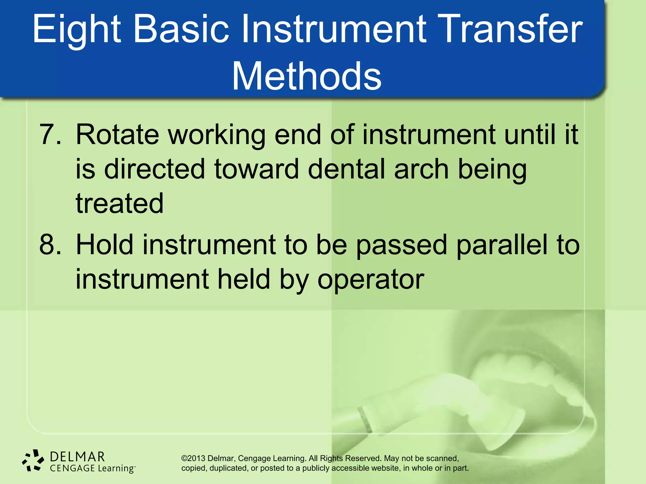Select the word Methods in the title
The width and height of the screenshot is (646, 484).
point(307,77)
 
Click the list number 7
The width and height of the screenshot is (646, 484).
point(50,135)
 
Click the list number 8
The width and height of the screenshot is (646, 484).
point(50,245)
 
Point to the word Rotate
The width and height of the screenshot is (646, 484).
point(117,135)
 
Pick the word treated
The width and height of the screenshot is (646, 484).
point(120,203)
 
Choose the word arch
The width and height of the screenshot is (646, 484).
point(421,169)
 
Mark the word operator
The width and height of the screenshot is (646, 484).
point(370,279)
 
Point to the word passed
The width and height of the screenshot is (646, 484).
point(401,245)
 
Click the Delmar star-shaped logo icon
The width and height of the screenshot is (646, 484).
point(33,460)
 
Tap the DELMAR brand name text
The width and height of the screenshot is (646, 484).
point(77,457)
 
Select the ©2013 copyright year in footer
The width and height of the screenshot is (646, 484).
point(193,458)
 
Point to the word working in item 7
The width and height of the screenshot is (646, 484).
point(216,135)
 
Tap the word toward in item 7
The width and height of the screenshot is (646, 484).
point(256,169)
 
